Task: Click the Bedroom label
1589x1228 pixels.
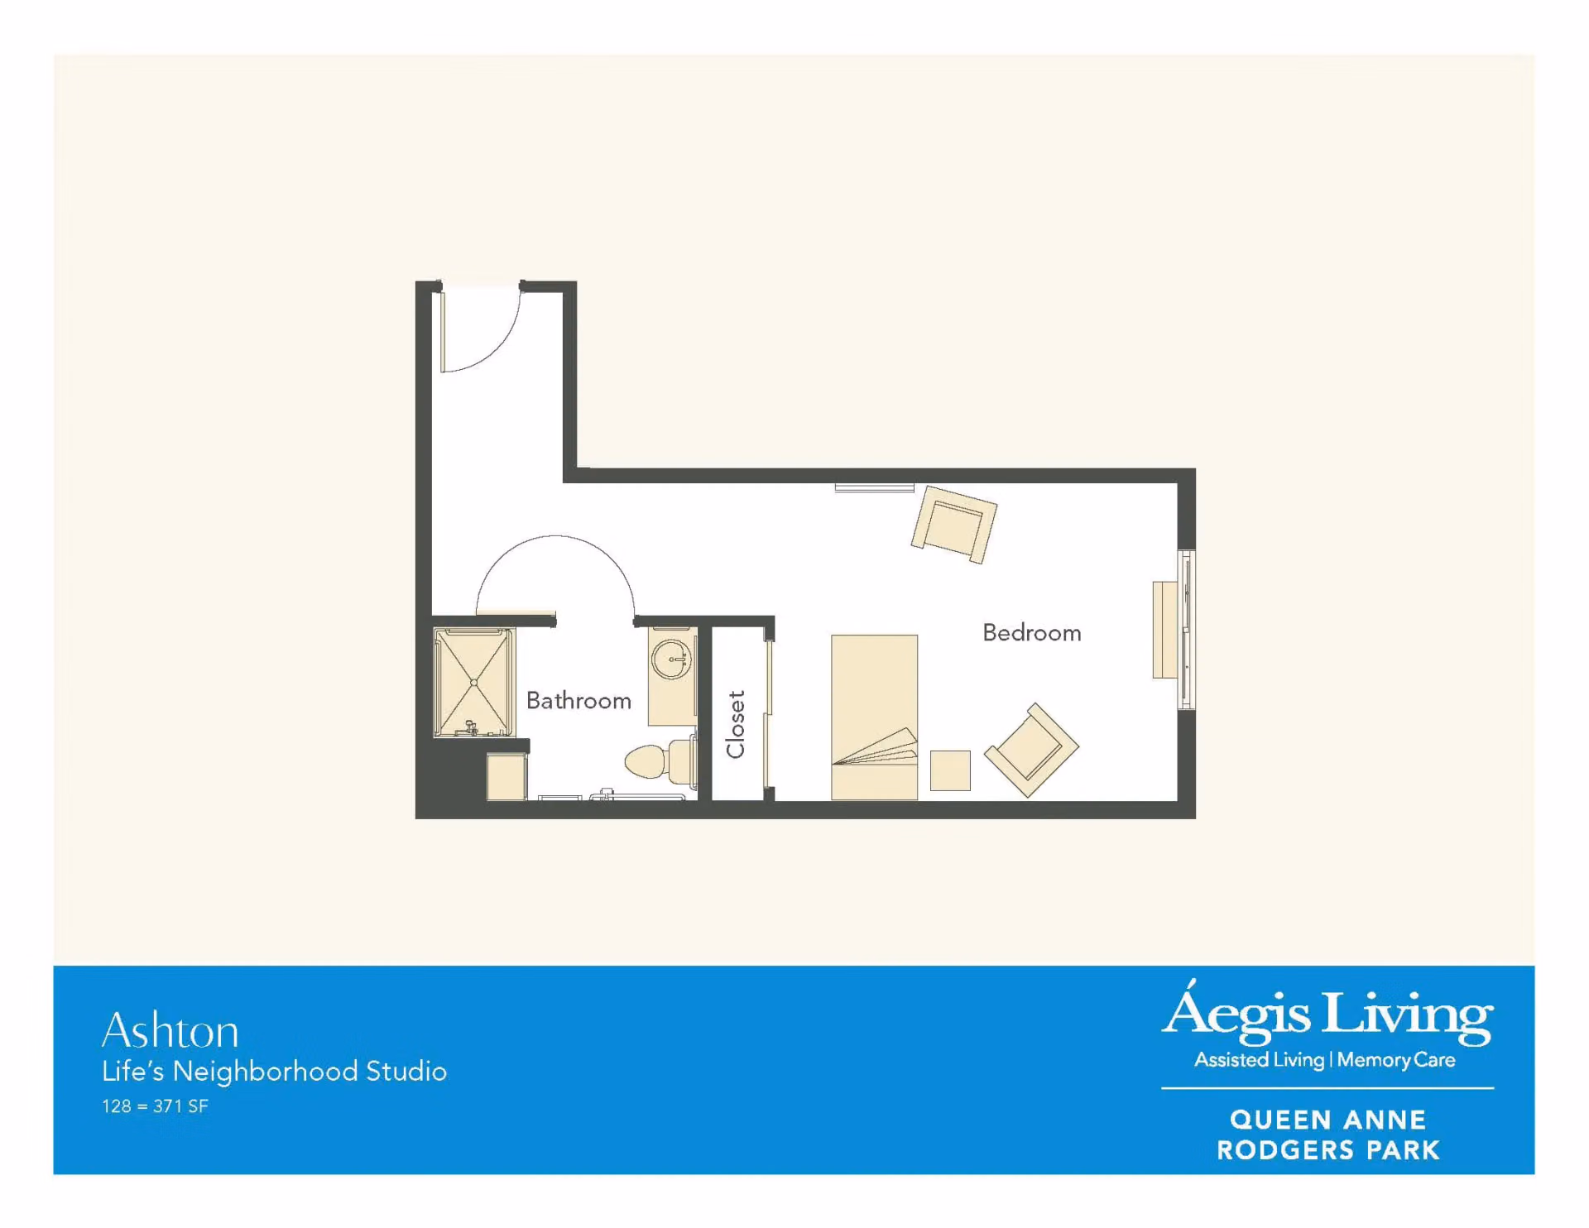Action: click(1031, 633)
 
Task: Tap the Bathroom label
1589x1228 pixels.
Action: click(578, 701)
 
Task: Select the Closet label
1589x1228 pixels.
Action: click(736, 725)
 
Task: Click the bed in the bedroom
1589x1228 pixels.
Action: click(874, 717)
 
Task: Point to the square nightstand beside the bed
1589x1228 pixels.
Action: click(950, 770)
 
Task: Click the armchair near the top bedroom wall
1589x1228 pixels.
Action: click(953, 525)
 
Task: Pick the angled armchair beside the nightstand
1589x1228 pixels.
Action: click(1031, 750)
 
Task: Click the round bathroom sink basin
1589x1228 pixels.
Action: click(670, 660)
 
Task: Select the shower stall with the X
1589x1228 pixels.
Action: click(474, 683)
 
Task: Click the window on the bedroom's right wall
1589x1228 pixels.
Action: click(1187, 630)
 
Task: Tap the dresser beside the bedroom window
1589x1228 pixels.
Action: click(1164, 630)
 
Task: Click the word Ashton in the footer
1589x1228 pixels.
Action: click(170, 1030)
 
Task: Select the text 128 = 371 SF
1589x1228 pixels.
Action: click(155, 1106)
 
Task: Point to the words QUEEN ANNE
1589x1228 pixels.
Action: click(1328, 1120)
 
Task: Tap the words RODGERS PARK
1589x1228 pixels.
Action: click(1328, 1150)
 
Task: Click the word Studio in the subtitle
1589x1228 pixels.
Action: click(406, 1072)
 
